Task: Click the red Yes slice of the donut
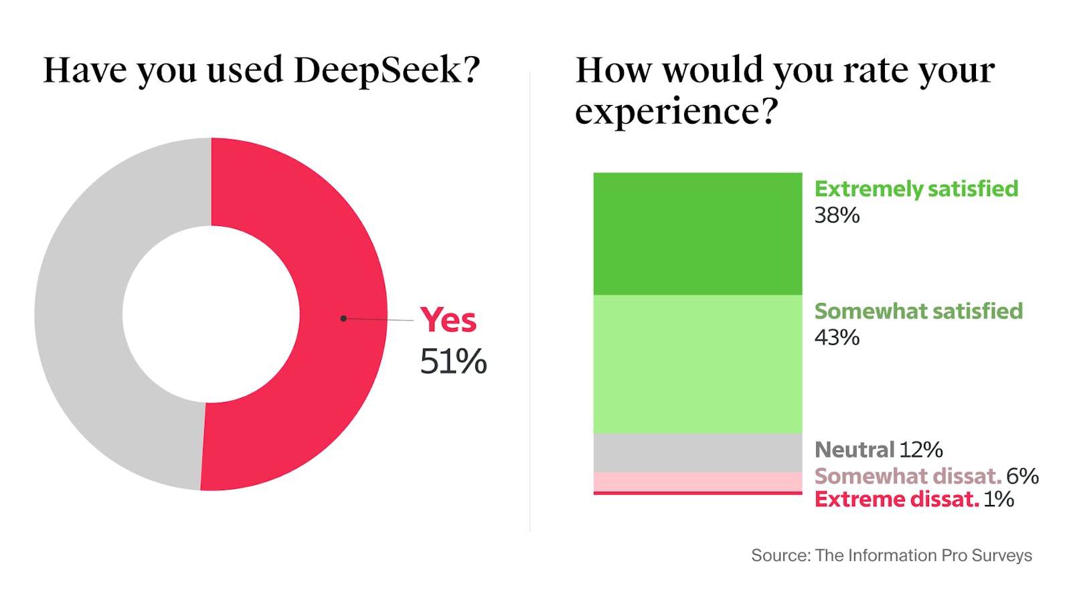pyautogui.click(x=335, y=268)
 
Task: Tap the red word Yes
pyautogui.click(x=448, y=320)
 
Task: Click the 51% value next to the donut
pyautogui.click(x=453, y=362)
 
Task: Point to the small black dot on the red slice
pyautogui.click(x=343, y=318)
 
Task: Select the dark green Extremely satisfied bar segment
pyautogui.click(x=697, y=233)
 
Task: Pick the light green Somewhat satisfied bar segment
pyautogui.click(x=697, y=364)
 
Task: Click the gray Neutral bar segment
pyautogui.click(x=697, y=453)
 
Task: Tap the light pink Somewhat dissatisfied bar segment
pyautogui.click(x=697, y=482)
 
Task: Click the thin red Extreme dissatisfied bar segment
pyautogui.click(x=697, y=493)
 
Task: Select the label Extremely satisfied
pyautogui.click(x=916, y=189)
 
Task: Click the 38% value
pyautogui.click(x=837, y=215)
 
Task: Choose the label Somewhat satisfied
pyautogui.click(x=918, y=312)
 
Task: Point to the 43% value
pyautogui.click(x=837, y=337)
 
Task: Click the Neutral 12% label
pyautogui.click(x=878, y=449)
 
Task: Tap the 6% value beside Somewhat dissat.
pyautogui.click(x=1022, y=476)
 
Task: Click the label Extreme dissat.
pyautogui.click(x=896, y=499)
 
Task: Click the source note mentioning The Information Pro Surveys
pyautogui.click(x=891, y=555)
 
